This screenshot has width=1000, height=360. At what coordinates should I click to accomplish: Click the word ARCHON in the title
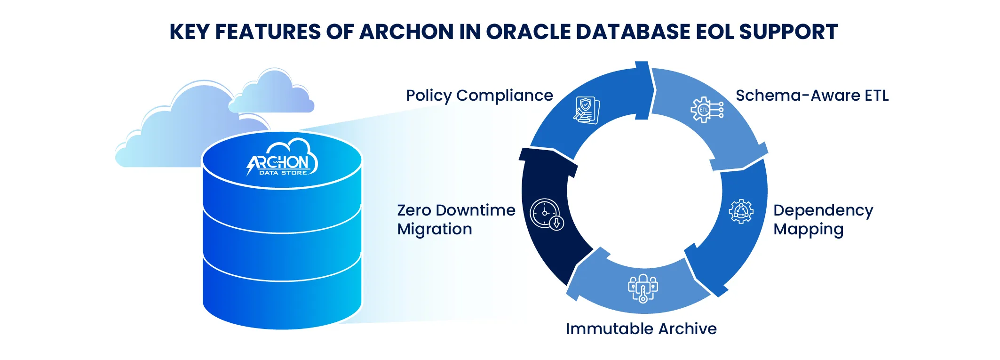point(405,32)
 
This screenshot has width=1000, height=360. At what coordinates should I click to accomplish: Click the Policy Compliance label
point(479,96)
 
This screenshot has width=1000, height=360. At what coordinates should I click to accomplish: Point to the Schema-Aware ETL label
point(812,96)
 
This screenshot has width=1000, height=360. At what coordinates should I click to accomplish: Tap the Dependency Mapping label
point(823,219)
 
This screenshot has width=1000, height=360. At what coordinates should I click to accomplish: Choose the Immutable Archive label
point(641,328)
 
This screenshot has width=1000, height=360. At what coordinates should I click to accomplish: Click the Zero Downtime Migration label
point(456,219)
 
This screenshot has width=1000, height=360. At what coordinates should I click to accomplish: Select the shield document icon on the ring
point(587,110)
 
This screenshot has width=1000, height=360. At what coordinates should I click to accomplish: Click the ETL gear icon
point(706,110)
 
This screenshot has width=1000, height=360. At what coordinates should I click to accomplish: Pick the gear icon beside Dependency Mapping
point(741,211)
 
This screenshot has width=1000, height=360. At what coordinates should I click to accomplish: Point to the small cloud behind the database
point(272,92)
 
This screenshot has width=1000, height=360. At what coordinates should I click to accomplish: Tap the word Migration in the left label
point(435,229)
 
